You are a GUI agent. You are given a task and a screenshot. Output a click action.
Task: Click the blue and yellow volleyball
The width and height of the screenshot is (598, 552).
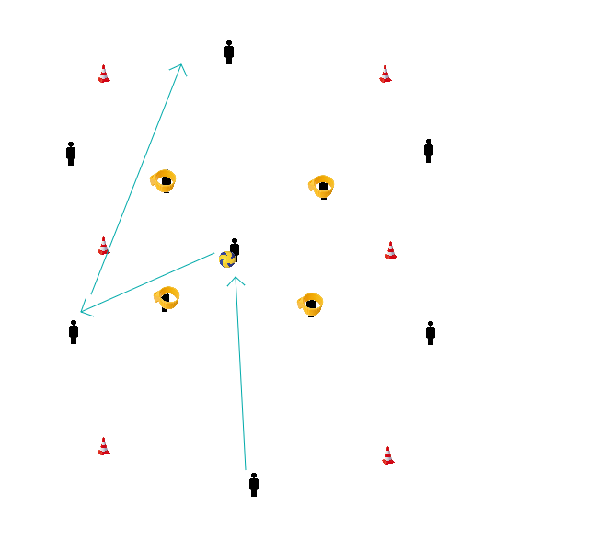point(226,259)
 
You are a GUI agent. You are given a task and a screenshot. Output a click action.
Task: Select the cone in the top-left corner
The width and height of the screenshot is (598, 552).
point(104,74)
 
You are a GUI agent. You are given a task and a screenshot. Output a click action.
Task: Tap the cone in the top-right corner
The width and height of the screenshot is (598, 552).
point(385,74)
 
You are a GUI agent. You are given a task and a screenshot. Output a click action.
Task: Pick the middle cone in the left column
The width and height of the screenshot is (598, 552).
point(104,246)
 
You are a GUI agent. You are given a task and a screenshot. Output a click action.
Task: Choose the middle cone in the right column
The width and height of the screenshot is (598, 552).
point(391,250)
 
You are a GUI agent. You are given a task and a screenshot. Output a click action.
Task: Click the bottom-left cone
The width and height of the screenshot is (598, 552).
point(104,446)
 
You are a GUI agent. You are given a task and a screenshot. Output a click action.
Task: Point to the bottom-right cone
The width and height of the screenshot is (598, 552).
point(388,455)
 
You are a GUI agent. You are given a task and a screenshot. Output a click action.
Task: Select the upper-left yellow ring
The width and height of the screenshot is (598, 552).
point(164,180)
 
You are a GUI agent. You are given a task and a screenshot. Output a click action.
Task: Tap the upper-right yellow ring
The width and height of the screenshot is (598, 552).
point(321,186)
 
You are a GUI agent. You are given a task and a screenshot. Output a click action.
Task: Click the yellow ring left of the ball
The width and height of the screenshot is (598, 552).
point(167,297)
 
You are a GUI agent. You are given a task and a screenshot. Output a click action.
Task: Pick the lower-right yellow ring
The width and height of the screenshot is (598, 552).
point(310,304)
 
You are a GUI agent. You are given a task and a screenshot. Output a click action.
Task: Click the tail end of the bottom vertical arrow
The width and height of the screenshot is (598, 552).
point(246,469)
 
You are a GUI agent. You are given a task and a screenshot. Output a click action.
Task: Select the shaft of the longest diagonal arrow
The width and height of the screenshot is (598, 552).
point(136,179)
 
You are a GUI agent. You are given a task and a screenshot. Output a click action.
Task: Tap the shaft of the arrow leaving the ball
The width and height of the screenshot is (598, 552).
point(147,282)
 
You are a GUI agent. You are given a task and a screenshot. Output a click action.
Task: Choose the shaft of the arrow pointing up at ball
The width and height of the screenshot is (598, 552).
point(241,373)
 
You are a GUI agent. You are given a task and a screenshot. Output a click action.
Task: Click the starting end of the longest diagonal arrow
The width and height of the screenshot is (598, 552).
point(91,294)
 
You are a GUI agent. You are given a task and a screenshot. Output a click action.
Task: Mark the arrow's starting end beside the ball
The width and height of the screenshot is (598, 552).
point(213,254)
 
